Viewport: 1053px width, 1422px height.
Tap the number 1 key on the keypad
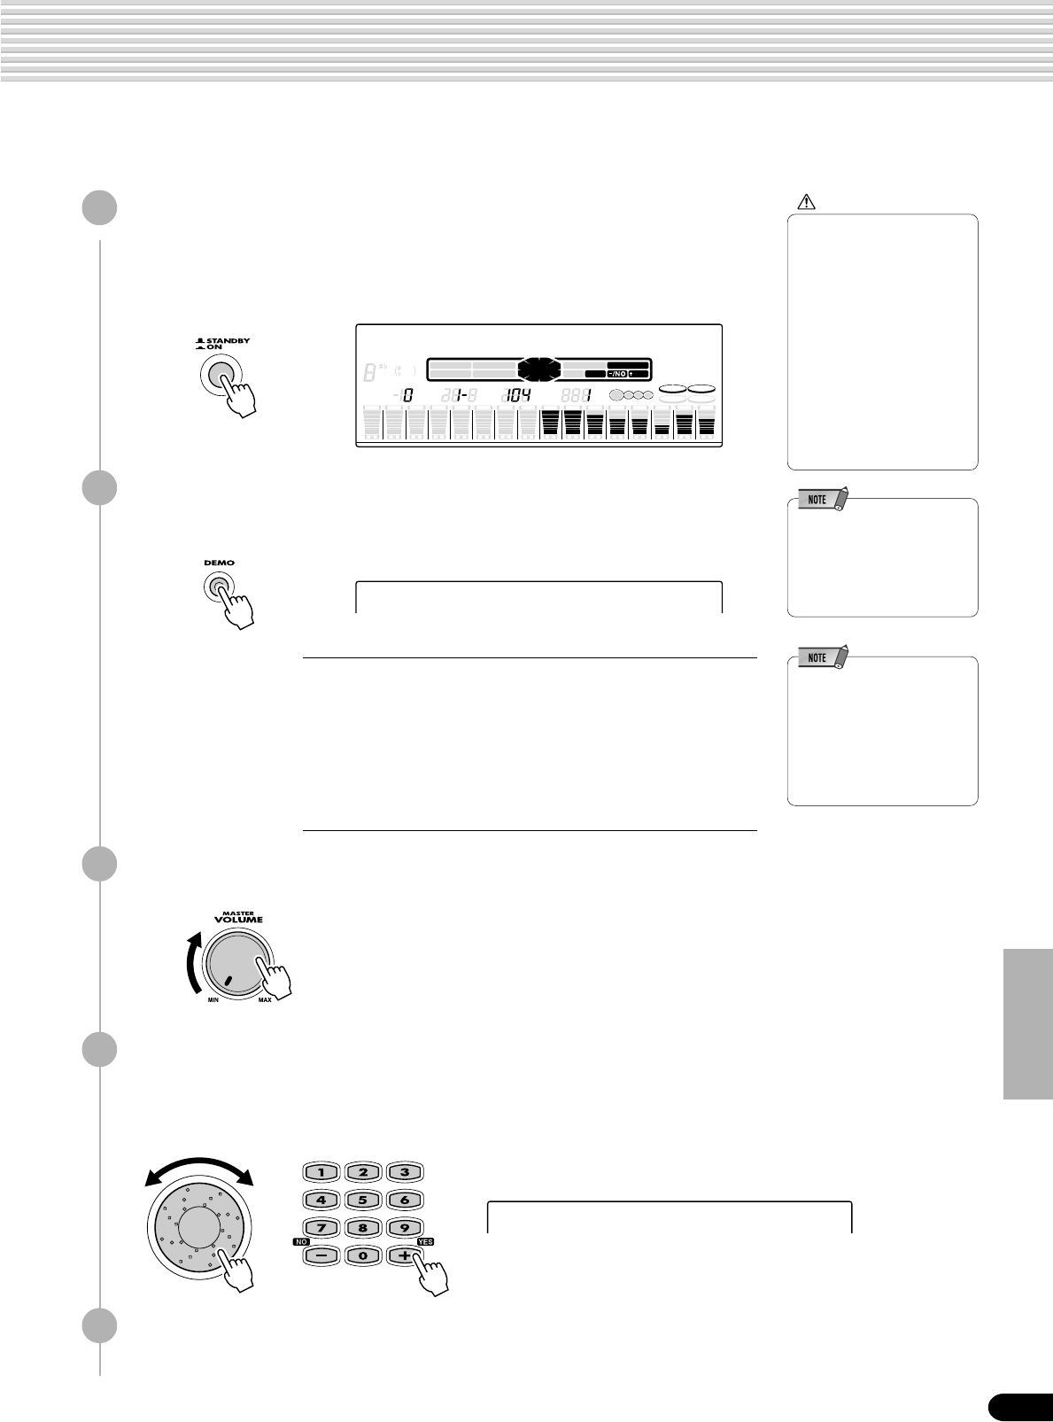(x=321, y=1172)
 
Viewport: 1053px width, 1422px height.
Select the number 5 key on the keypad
(x=363, y=1201)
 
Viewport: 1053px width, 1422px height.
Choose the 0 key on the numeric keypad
(x=363, y=1255)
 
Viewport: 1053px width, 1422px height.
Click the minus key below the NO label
(x=321, y=1255)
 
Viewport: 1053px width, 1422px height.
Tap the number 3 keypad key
(x=405, y=1172)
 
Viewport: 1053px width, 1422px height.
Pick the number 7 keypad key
(x=321, y=1228)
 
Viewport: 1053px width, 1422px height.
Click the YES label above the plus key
(x=425, y=1242)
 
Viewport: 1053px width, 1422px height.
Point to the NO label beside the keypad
(x=300, y=1242)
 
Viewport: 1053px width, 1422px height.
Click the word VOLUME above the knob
(x=238, y=920)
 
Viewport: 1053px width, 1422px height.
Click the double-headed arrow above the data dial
(x=200, y=1168)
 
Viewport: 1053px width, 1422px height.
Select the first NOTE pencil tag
(x=824, y=500)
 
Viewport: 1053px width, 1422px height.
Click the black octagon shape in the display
(x=539, y=368)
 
